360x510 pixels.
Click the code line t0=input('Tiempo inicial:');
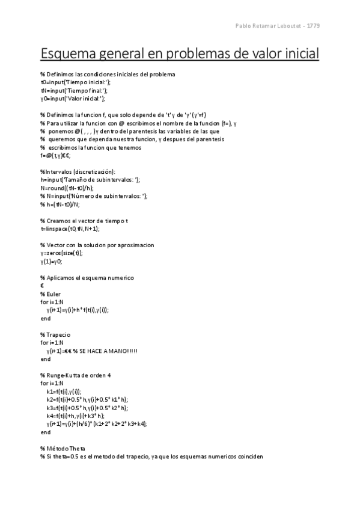point(76,82)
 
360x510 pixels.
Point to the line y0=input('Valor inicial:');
point(73,98)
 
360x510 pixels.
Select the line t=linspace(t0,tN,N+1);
point(70,229)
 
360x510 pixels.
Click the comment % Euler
point(50,293)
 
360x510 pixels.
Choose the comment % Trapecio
point(55,334)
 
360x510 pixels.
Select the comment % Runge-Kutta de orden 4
point(75,375)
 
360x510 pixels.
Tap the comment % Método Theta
point(63,448)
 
